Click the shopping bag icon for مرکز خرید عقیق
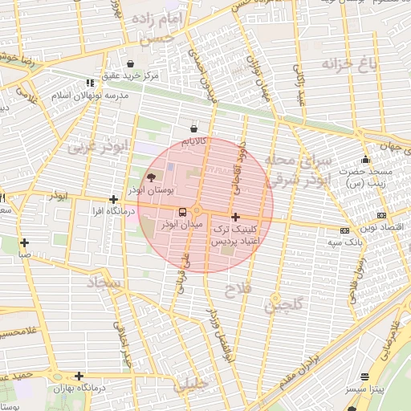(131, 63)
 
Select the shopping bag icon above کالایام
(193, 128)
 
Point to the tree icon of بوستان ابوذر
(152, 177)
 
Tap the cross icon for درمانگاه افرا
(114, 199)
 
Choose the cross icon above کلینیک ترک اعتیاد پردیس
(235, 217)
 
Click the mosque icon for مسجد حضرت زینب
(365, 159)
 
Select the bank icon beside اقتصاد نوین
(380, 214)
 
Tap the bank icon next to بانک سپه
(344, 230)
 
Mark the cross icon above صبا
(25, 242)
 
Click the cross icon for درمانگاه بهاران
(79, 376)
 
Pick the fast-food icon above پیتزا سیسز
(365, 376)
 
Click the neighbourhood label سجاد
(105, 283)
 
